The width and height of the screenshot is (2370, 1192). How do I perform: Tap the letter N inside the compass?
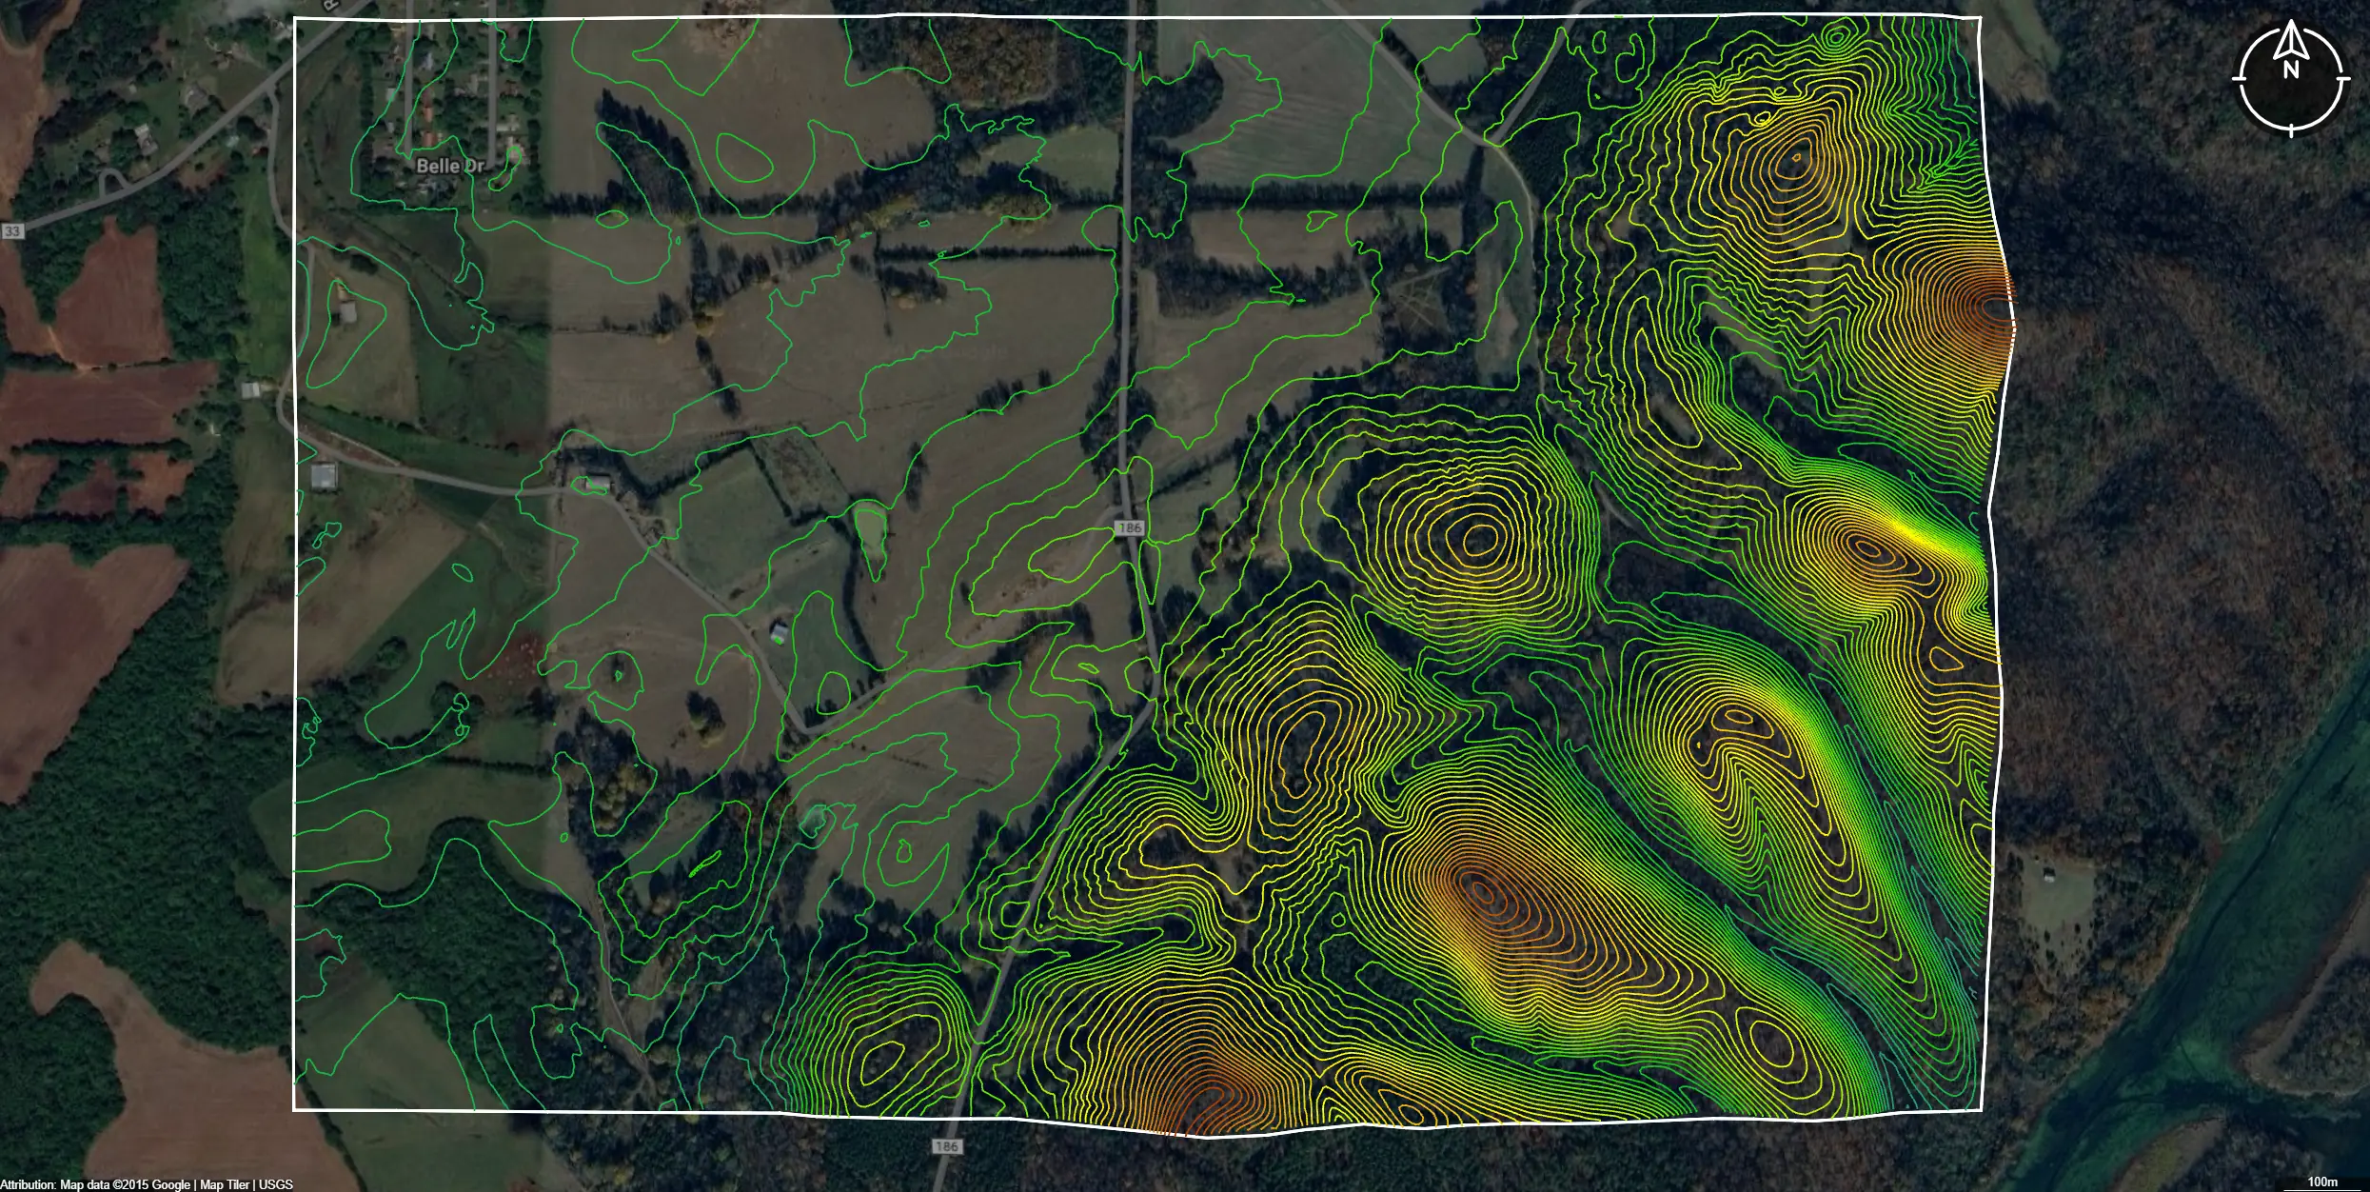point(2291,70)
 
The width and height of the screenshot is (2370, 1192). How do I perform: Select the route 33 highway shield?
point(12,231)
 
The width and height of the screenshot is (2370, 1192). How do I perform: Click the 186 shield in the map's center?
point(1130,527)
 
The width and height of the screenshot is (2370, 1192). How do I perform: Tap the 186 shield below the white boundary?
point(946,1146)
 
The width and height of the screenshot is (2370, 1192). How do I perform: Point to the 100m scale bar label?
point(2322,1182)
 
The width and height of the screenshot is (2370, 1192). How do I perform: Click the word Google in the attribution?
point(171,1184)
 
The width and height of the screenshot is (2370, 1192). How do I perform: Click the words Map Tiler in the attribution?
point(225,1184)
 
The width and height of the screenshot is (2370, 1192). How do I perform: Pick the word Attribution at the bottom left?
point(28,1184)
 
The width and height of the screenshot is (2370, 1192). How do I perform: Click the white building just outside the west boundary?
point(324,476)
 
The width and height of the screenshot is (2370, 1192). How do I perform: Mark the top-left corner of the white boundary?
point(295,19)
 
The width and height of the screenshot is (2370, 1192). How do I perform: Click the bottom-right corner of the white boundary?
point(1981,1109)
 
